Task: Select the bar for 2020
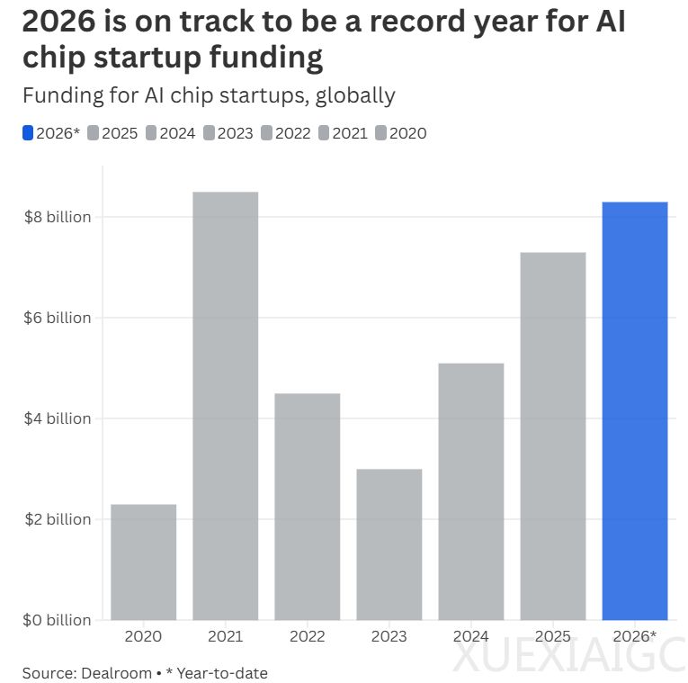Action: tap(143, 562)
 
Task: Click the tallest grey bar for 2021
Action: tap(225, 405)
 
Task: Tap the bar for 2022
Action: tap(307, 506)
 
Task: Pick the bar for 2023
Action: tap(389, 544)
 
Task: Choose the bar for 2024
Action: tap(470, 490)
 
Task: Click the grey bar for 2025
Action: tap(552, 436)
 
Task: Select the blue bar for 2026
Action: tap(634, 410)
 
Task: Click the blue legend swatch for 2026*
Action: tap(27, 133)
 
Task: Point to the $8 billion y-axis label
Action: tap(56, 217)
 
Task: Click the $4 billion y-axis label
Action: tap(56, 418)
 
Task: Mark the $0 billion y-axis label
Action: tap(56, 620)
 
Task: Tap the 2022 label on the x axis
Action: tap(307, 637)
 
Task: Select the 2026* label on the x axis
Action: tap(634, 637)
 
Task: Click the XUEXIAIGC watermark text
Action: tap(567, 658)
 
